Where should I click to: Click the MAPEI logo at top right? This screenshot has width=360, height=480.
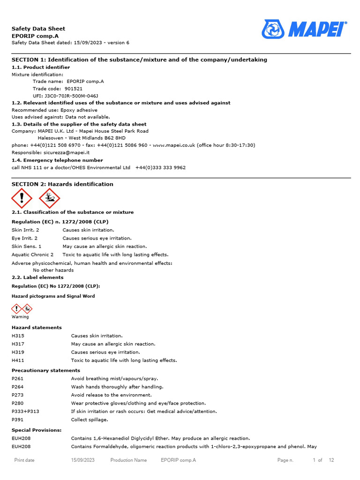pos(305,29)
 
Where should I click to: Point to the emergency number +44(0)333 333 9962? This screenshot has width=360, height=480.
pos(160,167)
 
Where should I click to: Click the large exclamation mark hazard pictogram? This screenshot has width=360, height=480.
pos(22,198)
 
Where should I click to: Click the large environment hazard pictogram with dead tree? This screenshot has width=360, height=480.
pos(49,198)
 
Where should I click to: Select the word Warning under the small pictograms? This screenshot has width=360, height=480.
pos(20,317)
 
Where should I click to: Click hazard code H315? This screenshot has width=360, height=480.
pos(18,336)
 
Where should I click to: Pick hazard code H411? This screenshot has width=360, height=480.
pos(18,360)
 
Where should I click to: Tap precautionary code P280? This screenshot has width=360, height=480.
pos(18,403)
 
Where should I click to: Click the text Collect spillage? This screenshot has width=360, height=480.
pos(90,420)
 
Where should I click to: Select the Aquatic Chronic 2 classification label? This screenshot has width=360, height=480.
pos(32,255)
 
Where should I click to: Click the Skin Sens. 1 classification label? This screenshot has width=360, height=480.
pos(27,246)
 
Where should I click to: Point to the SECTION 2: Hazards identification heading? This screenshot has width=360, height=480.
pos(62,184)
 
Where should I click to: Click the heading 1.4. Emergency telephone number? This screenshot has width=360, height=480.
pos(57,160)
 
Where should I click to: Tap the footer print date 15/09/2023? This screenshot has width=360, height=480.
pos(83,460)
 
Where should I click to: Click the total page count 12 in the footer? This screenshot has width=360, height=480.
pos(331,460)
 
